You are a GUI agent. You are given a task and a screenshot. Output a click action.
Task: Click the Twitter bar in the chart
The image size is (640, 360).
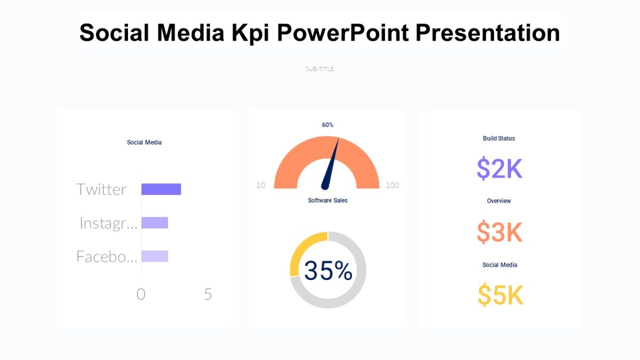pyautogui.click(x=161, y=189)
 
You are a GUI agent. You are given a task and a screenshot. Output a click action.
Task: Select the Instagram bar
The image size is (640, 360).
pyautogui.click(x=155, y=223)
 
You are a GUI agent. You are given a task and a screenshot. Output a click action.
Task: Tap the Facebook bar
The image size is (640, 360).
pyautogui.click(x=155, y=256)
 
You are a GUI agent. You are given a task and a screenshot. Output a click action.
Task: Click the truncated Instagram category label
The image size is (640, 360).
pyautogui.click(x=108, y=223)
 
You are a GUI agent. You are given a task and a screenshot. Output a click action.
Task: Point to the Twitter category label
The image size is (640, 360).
pyautogui.click(x=101, y=189)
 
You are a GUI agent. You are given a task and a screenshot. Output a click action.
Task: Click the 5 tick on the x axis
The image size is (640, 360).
pyautogui.click(x=208, y=294)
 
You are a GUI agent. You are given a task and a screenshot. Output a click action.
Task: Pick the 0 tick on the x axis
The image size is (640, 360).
pyautogui.click(x=141, y=294)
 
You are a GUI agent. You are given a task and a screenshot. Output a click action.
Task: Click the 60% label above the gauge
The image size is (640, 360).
pyautogui.click(x=327, y=125)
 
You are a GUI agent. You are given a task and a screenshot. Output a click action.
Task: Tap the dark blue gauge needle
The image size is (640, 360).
pyautogui.click(x=331, y=165)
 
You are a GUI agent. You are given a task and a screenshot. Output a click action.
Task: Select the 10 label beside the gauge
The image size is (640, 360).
pyautogui.click(x=261, y=186)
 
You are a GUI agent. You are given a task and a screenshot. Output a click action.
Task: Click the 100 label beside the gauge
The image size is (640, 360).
pyautogui.click(x=392, y=186)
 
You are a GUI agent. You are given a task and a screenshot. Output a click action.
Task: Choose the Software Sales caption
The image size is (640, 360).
pyautogui.click(x=327, y=201)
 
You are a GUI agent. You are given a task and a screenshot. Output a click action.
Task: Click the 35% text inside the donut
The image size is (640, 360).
pyautogui.click(x=328, y=271)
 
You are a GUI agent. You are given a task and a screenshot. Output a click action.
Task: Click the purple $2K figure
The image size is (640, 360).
pyautogui.click(x=499, y=169)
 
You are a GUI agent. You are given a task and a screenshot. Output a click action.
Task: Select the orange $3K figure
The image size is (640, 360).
pyautogui.click(x=499, y=232)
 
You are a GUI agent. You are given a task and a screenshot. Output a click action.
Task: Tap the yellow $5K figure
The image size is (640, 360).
pyautogui.click(x=500, y=295)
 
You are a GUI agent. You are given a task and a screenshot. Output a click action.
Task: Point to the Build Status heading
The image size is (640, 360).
pyautogui.click(x=499, y=139)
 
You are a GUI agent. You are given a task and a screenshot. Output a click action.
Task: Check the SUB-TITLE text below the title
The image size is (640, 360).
pyautogui.click(x=319, y=69)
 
